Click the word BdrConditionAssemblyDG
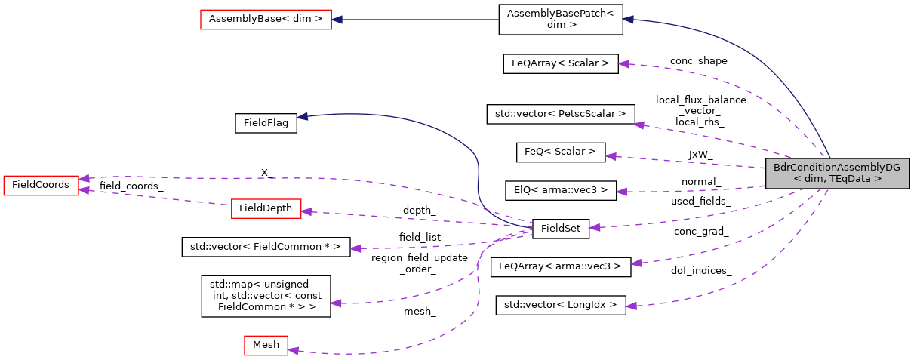point(836,168)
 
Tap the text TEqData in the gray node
point(851,179)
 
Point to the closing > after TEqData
point(878,179)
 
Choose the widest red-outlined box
point(266,20)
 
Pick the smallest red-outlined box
point(266,346)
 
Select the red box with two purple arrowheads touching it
point(41,186)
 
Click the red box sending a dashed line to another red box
point(266,209)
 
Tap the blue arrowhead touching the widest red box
point(337,20)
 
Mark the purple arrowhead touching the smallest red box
point(293,350)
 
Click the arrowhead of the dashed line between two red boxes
point(84,190)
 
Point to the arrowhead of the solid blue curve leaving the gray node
point(627,20)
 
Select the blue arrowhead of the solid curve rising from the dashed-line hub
point(301,116)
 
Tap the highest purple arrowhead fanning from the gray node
point(623,64)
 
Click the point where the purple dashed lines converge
point(531,228)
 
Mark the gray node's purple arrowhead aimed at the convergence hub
point(594,226)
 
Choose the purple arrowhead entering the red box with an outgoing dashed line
point(306,212)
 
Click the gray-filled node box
point(837,174)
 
